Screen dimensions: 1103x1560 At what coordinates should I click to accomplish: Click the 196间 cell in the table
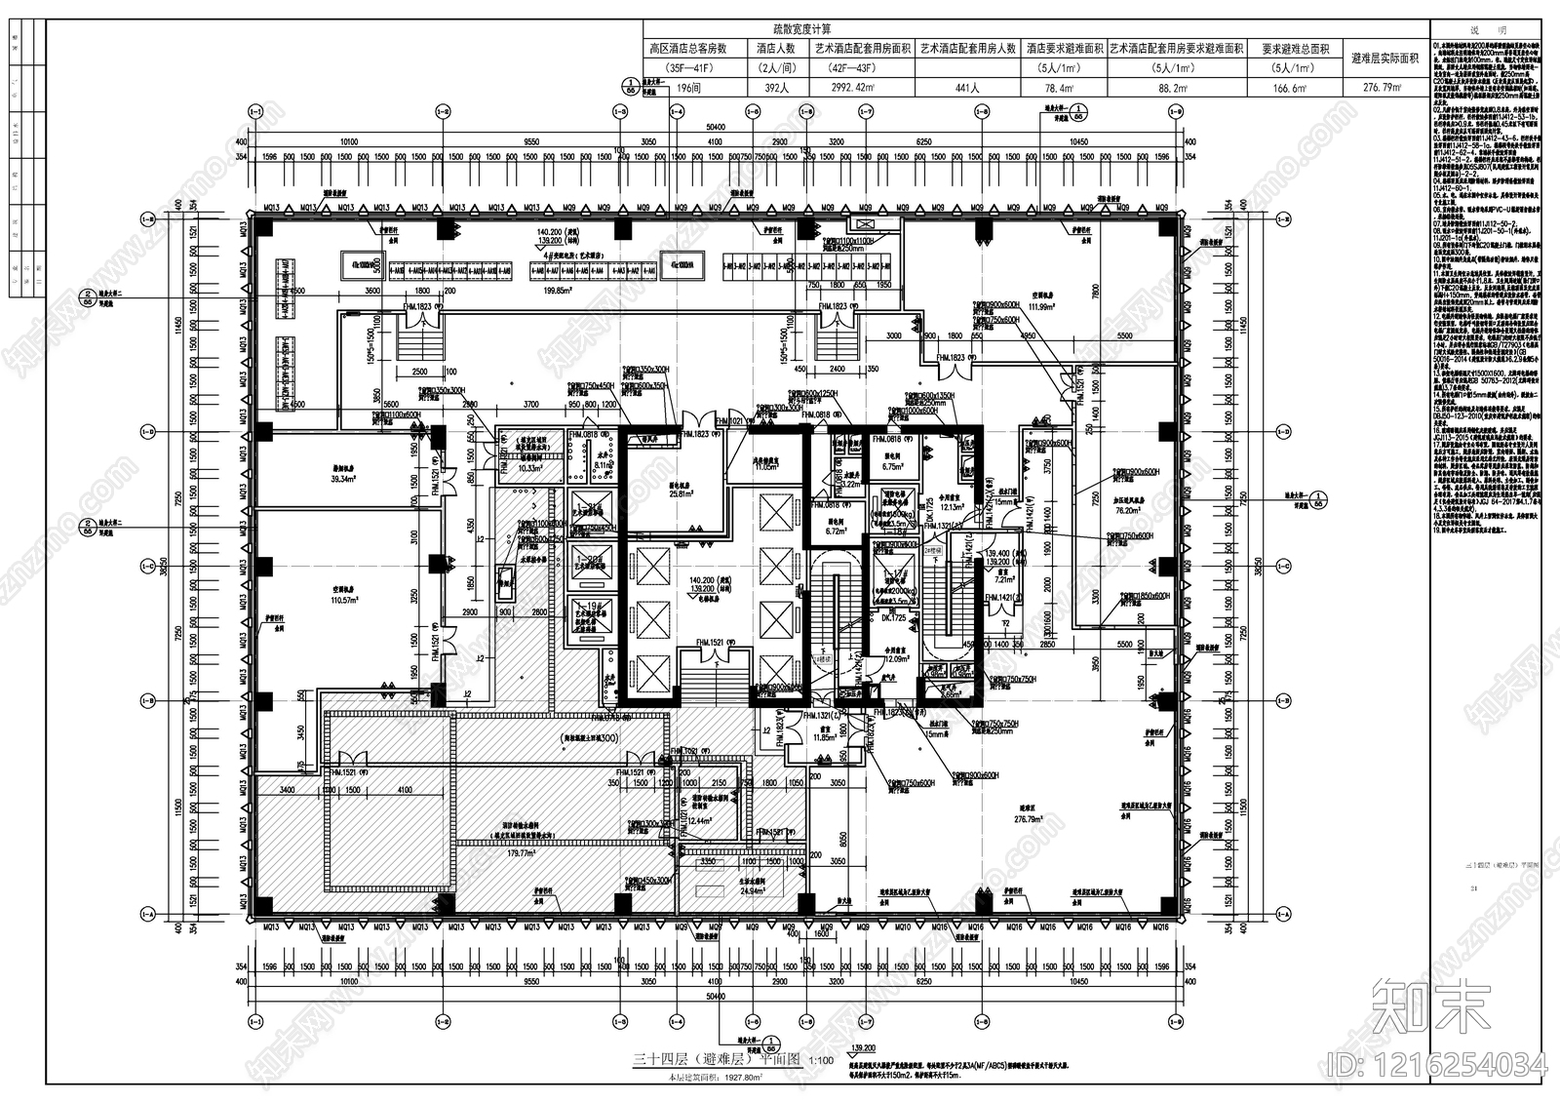coord(688,88)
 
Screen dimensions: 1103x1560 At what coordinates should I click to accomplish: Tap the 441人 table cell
coord(967,88)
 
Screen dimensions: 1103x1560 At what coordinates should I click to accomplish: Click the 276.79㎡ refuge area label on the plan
coord(1027,820)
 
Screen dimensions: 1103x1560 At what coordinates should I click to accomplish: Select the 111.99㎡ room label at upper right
coord(1024,307)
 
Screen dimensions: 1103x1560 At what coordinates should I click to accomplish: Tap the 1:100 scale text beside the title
coord(819,1060)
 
